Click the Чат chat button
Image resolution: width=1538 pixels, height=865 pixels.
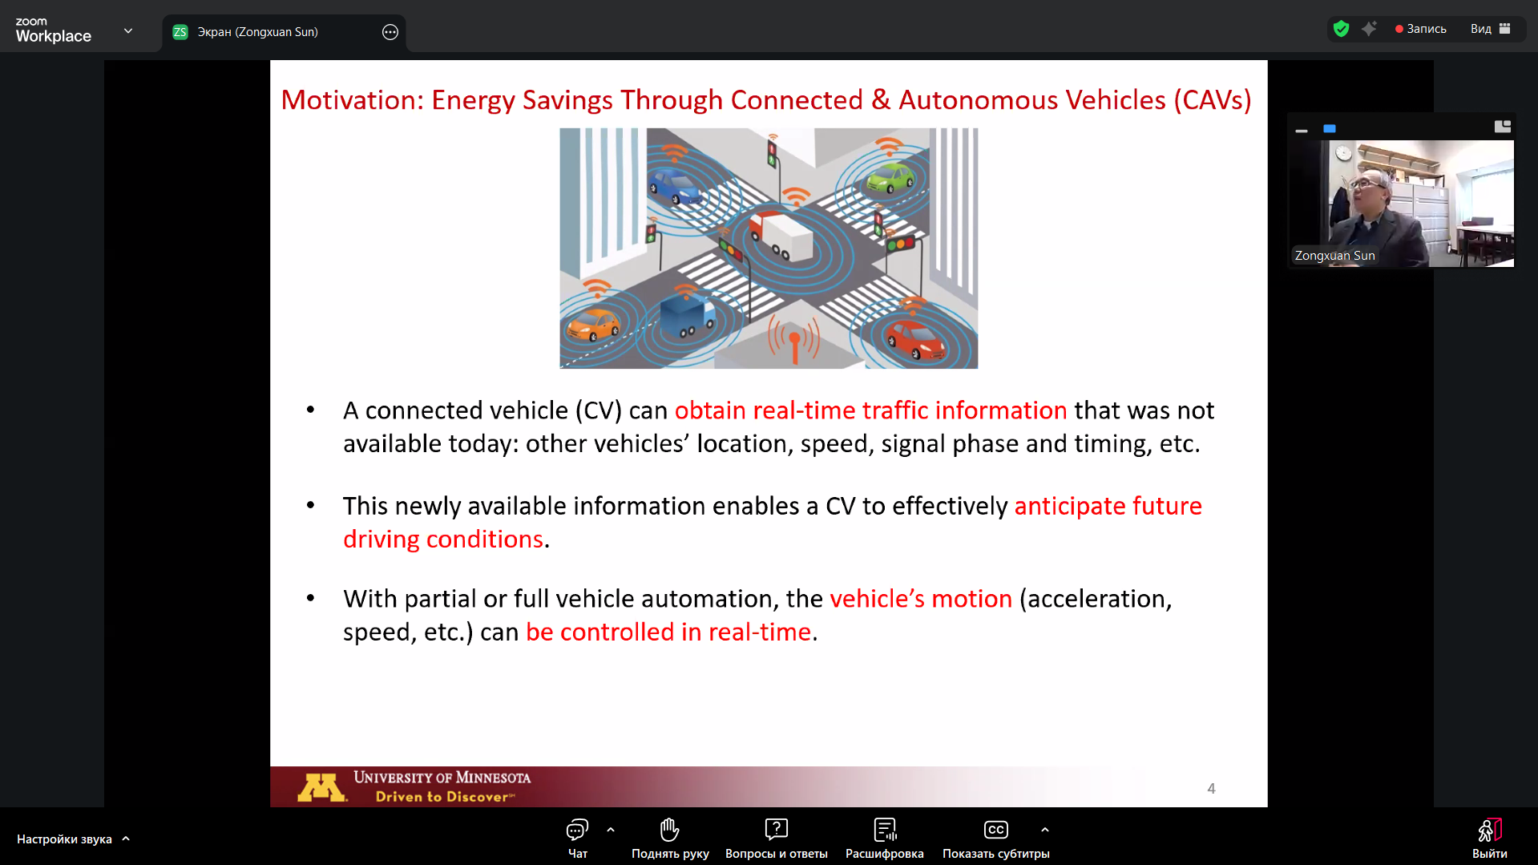(x=577, y=838)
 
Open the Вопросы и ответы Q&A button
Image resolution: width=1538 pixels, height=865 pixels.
(x=776, y=838)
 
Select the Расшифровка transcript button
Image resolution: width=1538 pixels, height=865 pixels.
(x=885, y=838)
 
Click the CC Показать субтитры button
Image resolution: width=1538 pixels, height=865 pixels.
(x=995, y=838)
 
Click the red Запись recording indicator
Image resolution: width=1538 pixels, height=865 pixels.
(x=1420, y=29)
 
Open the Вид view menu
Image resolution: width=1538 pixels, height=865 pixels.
(x=1490, y=29)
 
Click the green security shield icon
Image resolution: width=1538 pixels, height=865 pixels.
(x=1341, y=29)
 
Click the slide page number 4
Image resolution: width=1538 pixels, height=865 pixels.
(x=1211, y=789)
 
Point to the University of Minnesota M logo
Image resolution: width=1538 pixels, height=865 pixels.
(x=321, y=788)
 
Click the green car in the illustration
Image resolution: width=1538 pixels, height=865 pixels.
(x=890, y=177)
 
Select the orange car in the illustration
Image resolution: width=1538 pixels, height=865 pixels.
(x=593, y=323)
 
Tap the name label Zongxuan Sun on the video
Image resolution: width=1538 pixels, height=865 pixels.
(x=1334, y=256)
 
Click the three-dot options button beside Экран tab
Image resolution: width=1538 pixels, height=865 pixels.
(x=390, y=32)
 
